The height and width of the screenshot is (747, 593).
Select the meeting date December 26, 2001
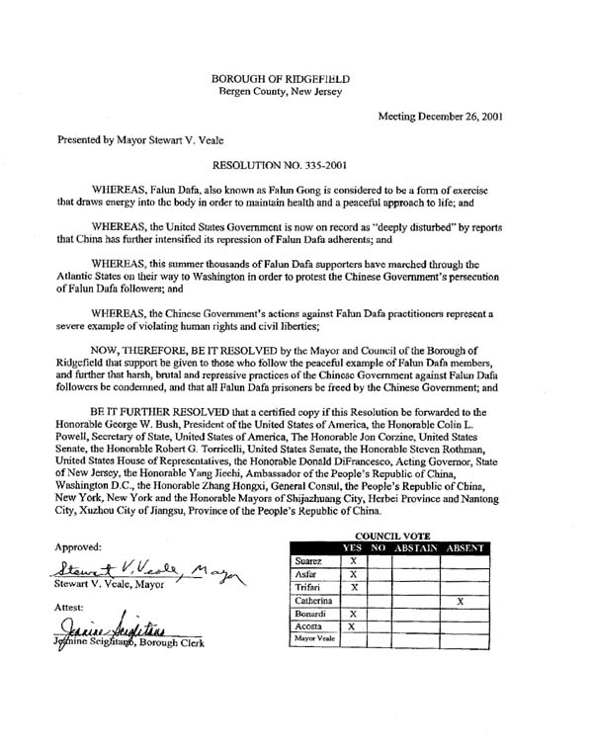point(441,117)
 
